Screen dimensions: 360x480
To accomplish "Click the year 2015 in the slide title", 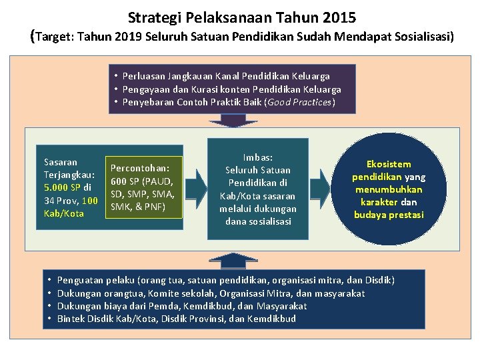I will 339,16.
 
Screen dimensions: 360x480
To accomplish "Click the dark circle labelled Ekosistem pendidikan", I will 389,190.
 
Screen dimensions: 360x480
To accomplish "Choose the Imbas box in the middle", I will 257,189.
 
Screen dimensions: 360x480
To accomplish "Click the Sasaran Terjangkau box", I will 71,187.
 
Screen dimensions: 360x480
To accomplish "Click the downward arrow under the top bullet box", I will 233,121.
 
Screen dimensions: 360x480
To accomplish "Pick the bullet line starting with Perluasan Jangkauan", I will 226,77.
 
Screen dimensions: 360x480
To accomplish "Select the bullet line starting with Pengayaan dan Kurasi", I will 231,89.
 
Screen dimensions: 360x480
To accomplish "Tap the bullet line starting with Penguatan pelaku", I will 226,281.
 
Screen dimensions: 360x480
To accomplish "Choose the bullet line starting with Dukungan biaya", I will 182,306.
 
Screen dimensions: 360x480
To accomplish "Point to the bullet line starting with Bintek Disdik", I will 177,319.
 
